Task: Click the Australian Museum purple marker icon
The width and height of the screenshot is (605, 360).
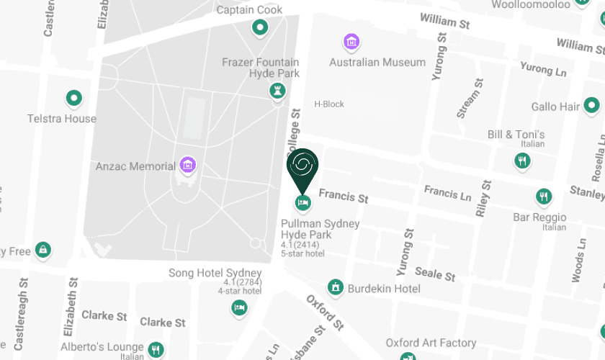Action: coord(351,42)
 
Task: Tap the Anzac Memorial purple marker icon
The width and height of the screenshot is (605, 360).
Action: coord(188,166)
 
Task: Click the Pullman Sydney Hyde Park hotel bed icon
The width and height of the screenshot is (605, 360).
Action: coord(302,203)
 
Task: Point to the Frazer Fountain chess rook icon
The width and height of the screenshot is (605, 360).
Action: coord(277,91)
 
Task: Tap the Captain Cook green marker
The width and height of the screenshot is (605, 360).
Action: coord(259,29)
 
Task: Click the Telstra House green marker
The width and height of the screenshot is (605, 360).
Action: coord(73,98)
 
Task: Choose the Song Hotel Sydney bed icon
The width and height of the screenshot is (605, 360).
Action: coord(240,307)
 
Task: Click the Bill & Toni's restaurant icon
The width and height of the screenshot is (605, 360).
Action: coord(522,161)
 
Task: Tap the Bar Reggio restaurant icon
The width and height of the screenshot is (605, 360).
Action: coord(544,197)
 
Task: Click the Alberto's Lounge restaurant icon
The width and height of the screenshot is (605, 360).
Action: coord(156,350)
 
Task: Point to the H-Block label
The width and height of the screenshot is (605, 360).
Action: coord(329,104)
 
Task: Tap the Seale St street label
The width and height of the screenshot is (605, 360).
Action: coord(435,274)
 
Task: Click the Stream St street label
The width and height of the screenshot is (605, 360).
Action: coord(467,98)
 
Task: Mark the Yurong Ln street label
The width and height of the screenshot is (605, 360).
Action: coord(543,69)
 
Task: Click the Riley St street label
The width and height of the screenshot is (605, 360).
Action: coord(483,198)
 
